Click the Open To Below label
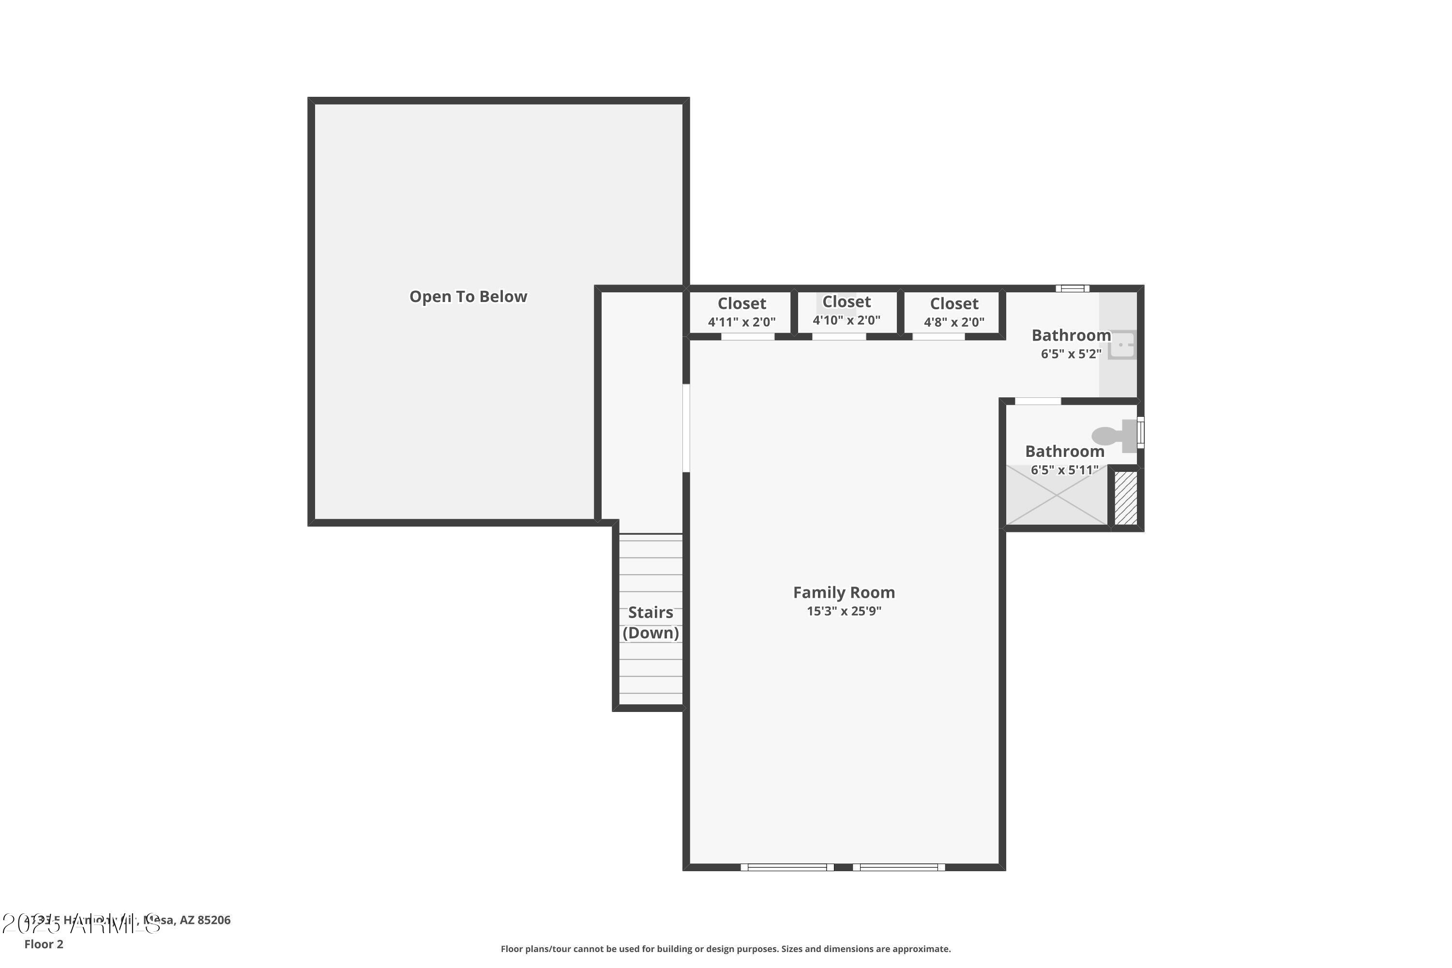(x=468, y=297)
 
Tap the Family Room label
(x=843, y=592)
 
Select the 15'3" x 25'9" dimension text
(x=843, y=611)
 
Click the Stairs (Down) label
(x=650, y=622)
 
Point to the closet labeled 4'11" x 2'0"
(x=741, y=312)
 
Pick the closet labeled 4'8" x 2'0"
(x=954, y=312)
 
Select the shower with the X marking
(x=1056, y=496)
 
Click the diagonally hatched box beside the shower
(x=1125, y=498)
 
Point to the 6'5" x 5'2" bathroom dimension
(x=1071, y=354)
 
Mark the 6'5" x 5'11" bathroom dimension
(x=1064, y=470)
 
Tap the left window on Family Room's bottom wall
(x=787, y=867)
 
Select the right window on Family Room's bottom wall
(x=899, y=867)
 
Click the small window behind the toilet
(x=1141, y=432)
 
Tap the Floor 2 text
(x=44, y=944)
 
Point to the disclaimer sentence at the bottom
(x=726, y=949)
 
